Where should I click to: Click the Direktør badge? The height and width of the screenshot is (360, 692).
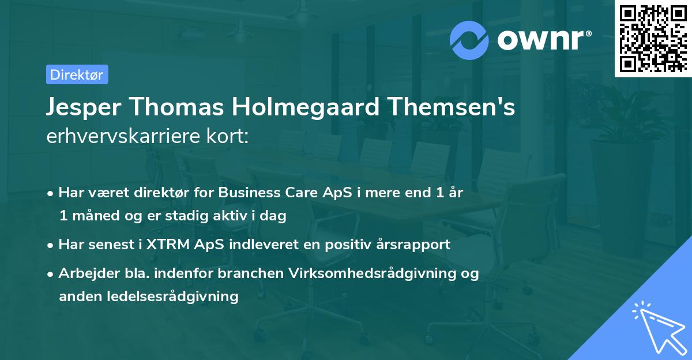pos(77,74)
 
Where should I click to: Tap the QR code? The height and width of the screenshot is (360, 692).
pos(652,39)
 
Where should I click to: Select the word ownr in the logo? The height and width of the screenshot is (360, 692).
pos(542,40)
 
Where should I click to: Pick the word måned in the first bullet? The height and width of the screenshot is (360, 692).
pos(92,216)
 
